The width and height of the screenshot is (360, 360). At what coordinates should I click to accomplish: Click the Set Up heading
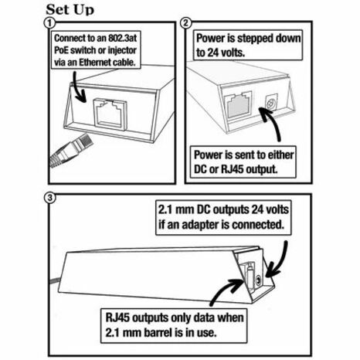click(70, 10)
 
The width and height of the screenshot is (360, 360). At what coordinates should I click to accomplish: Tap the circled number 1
click(49, 23)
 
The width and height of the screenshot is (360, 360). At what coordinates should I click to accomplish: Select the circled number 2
click(186, 23)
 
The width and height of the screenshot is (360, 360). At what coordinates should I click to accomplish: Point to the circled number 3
click(49, 198)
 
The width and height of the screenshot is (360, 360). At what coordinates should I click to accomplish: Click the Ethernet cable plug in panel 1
click(71, 150)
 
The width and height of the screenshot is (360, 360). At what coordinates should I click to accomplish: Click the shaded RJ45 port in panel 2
click(238, 104)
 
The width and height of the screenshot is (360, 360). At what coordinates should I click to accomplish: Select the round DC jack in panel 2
click(270, 104)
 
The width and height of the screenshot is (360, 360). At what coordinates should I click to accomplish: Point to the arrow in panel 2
click(273, 121)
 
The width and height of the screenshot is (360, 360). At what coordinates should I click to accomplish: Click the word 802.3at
click(122, 39)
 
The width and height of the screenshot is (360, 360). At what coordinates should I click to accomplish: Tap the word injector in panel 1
click(122, 50)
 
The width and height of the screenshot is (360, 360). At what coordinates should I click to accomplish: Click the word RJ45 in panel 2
click(232, 169)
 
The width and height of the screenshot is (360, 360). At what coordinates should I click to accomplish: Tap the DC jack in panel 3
click(259, 280)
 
